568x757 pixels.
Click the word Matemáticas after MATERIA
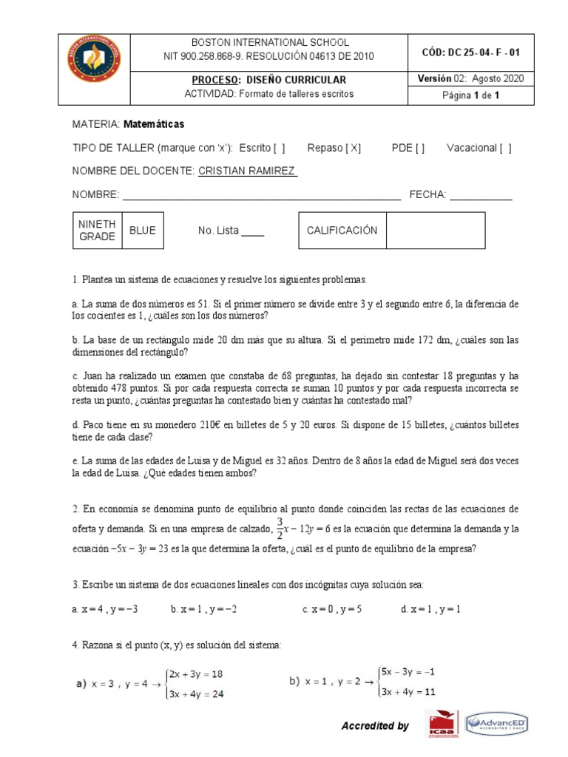(x=154, y=123)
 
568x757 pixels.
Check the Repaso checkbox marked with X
(x=354, y=148)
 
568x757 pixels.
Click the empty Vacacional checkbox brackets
(x=505, y=148)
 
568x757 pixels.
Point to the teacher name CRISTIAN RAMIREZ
(x=247, y=171)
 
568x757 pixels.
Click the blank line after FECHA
(x=481, y=195)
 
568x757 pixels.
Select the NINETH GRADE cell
(x=96, y=231)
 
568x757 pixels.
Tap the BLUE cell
(x=142, y=231)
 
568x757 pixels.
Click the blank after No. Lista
(x=253, y=231)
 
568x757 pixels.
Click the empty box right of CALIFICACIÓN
(x=435, y=231)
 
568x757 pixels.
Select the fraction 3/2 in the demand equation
(x=280, y=529)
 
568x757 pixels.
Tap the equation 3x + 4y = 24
(x=196, y=694)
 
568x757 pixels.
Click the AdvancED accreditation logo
(x=496, y=724)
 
